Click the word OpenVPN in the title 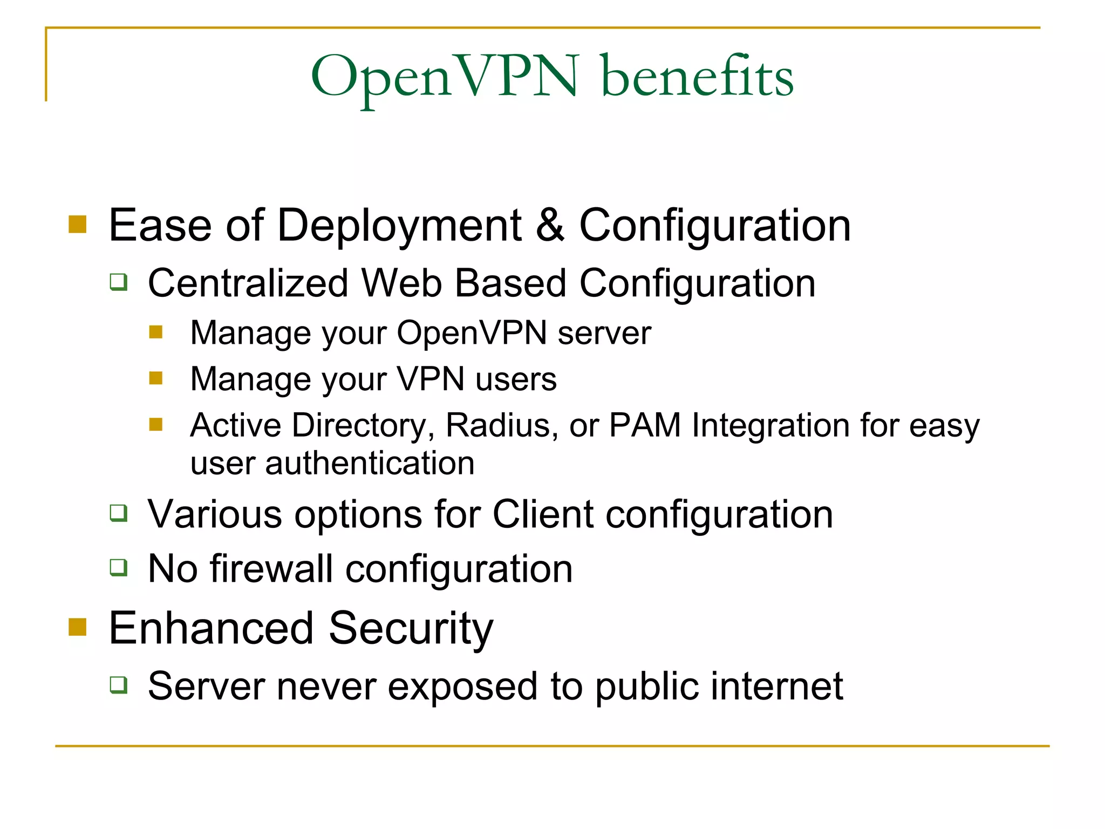[445, 77]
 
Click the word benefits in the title [697, 77]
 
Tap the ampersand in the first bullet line [550, 225]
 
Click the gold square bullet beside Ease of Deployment [78, 225]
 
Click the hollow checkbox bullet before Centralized [119, 282]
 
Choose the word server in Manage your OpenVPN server [604, 333]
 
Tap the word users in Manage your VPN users [516, 379]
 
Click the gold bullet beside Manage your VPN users [156, 378]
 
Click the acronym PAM [645, 425]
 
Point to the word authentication [370, 464]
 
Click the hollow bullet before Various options [119, 513]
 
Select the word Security [411, 629]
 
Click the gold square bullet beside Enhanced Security [78, 627]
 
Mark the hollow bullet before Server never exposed [119, 685]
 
